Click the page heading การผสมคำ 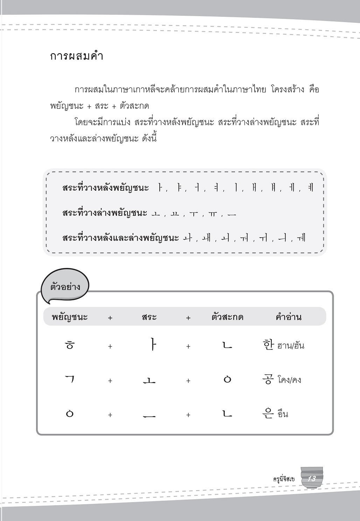77,56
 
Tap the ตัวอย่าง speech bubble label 61,287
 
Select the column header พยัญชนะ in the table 70,317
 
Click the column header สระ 149,317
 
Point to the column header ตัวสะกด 227,317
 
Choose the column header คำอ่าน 289,317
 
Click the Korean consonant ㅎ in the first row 70,345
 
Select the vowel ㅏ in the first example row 152,345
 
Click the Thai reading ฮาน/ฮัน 291,346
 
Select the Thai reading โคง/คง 289,380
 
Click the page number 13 311,479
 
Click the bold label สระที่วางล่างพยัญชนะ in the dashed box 105,213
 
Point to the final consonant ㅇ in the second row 227,379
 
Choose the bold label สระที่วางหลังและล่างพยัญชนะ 120,238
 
